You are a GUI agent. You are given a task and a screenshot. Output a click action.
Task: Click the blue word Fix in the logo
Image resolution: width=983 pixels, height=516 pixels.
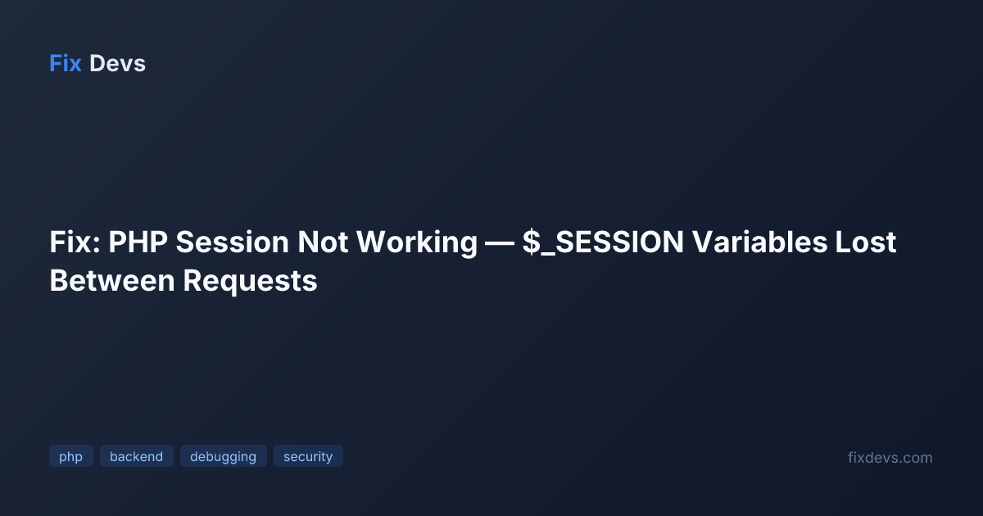pyautogui.click(x=66, y=64)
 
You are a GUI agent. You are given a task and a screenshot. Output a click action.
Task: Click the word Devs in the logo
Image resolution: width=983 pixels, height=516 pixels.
pyautogui.click(x=117, y=64)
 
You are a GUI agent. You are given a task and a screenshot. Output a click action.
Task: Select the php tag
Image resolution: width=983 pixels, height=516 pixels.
pyautogui.click(x=71, y=456)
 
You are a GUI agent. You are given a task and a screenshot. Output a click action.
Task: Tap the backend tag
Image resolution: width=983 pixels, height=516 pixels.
pyautogui.click(x=137, y=456)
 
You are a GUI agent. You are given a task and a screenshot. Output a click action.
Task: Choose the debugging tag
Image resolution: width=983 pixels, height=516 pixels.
pyautogui.click(x=224, y=456)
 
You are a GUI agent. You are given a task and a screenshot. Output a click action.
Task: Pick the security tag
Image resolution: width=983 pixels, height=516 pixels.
pyautogui.click(x=308, y=456)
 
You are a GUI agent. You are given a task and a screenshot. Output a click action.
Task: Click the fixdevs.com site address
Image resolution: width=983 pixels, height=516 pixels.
pyautogui.click(x=890, y=458)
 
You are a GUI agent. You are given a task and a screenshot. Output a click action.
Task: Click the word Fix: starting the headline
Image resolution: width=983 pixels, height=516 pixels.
pyautogui.click(x=75, y=242)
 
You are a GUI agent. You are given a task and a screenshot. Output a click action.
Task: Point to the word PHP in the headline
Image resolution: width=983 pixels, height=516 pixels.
pyautogui.click(x=138, y=242)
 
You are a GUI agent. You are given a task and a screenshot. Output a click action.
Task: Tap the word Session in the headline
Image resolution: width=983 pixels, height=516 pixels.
pyautogui.click(x=232, y=242)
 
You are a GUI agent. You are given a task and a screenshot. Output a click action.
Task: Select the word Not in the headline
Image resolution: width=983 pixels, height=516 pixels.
pyautogui.click(x=323, y=242)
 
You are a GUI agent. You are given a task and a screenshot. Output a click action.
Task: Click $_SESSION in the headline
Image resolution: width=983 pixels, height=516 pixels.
pyautogui.click(x=603, y=243)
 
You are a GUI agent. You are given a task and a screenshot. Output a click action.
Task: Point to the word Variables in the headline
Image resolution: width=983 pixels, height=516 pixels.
pyautogui.click(x=759, y=242)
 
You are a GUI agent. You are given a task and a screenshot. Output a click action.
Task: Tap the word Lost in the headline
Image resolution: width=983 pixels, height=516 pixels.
pyautogui.click(x=865, y=242)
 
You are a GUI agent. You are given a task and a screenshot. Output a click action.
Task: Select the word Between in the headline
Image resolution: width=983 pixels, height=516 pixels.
pyautogui.click(x=112, y=281)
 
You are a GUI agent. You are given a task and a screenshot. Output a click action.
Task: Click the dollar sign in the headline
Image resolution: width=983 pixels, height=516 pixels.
pyautogui.click(x=532, y=242)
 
